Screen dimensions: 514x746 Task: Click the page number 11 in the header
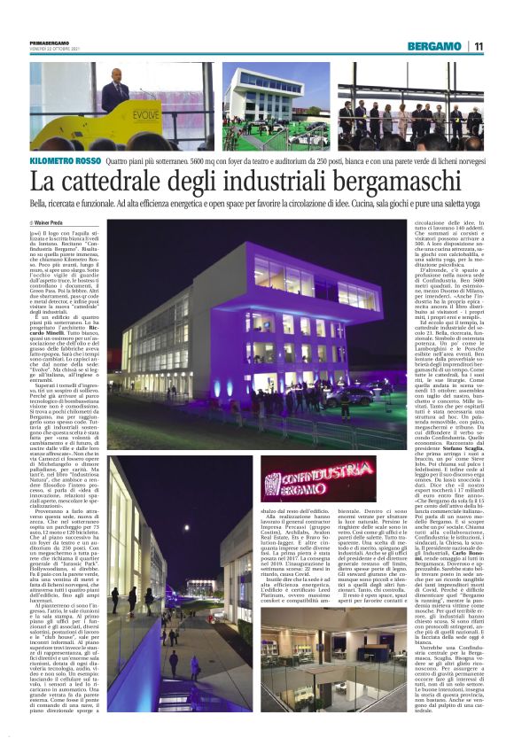coord(479,46)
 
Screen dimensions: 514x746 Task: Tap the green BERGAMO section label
coord(435,46)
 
